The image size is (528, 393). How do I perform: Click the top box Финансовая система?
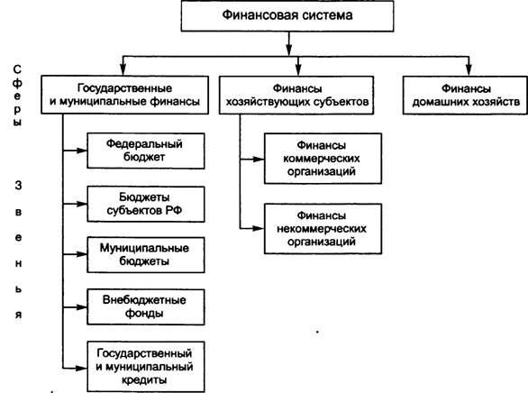point(287,16)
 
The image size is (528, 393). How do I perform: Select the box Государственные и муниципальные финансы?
point(124,95)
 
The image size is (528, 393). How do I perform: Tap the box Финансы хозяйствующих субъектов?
point(296,95)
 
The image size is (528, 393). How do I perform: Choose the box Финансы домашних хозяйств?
point(465,95)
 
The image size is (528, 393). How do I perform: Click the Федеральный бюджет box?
point(146,151)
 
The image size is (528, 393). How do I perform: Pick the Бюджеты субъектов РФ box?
point(146,204)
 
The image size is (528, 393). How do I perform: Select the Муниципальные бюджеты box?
point(146,254)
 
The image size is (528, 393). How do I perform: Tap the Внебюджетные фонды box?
point(146,306)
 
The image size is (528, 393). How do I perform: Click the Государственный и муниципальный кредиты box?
point(146,367)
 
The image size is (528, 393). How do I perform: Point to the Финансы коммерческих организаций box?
point(323,159)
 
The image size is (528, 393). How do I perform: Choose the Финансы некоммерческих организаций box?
point(323,229)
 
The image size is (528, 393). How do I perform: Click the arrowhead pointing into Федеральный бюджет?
point(82,151)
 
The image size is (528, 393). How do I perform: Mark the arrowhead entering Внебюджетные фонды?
point(82,307)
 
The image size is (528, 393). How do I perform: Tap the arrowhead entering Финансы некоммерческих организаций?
point(259,228)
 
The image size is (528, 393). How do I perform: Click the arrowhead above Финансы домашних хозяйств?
point(469,70)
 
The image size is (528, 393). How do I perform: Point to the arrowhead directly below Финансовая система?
point(288,50)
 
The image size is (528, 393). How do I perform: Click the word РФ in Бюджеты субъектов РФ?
point(174,211)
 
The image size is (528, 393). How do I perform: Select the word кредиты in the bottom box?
point(144,380)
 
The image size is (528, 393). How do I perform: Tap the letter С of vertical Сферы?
point(17,69)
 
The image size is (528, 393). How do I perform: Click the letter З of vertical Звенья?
point(18,185)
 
